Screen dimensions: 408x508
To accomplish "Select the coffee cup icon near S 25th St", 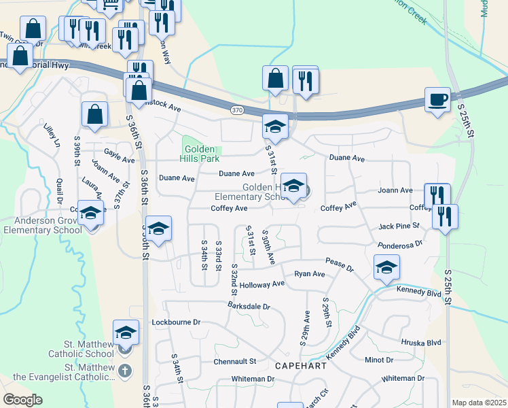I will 437,100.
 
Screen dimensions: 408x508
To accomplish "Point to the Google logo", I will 22,400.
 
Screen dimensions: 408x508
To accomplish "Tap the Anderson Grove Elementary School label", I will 43,225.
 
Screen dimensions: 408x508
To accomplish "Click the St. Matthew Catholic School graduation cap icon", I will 126,333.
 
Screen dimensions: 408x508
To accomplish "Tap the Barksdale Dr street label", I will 249,307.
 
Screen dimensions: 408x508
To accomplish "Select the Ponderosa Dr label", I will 400,242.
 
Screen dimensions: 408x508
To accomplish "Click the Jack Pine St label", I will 399,225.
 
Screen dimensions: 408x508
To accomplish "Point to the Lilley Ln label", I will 52,135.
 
